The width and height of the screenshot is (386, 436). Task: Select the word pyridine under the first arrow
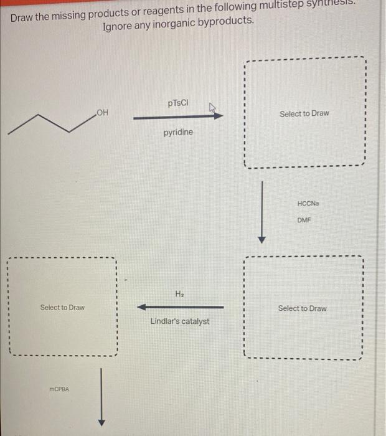click(x=178, y=133)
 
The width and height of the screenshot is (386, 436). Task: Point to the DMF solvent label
click(x=304, y=220)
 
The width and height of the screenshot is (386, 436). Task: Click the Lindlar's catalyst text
click(x=180, y=321)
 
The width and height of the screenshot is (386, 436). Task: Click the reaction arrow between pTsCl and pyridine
click(x=174, y=116)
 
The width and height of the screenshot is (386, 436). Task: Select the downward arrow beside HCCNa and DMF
click(x=262, y=212)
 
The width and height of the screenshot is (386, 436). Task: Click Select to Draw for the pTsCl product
click(x=304, y=113)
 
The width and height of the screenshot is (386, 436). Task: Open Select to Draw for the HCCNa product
click(x=302, y=308)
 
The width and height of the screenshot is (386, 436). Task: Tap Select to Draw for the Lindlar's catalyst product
click(x=62, y=308)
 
